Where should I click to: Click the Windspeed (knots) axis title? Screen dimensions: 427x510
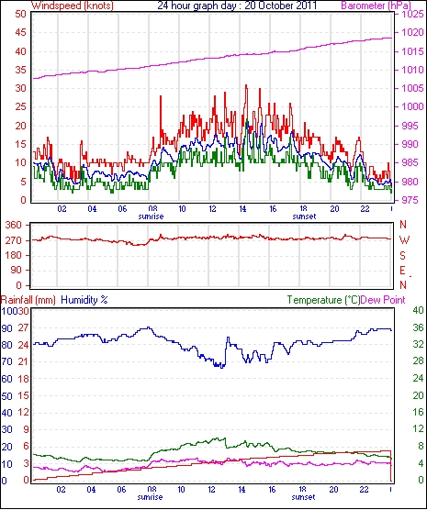click(x=73, y=6)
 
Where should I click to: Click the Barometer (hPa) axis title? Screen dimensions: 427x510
click(x=376, y=6)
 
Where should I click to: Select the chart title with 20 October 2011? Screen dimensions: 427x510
click(x=237, y=6)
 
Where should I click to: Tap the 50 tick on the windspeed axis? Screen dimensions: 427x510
click(x=20, y=15)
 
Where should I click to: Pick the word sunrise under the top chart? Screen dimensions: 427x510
click(x=151, y=216)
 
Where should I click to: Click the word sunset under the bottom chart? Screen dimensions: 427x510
click(x=303, y=497)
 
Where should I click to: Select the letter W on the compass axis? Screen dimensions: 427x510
click(x=404, y=240)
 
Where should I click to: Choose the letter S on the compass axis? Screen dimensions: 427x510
click(x=403, y=256)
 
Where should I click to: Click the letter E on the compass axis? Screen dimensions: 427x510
click(x=403, y=271)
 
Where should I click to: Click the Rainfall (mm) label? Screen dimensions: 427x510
click(x=28, y=300)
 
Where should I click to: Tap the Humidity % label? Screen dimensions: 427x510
click(x=84, y=300)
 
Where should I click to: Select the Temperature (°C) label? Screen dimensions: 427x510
click(x=323, y=300)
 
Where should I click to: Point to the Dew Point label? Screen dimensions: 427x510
click(x=383, y=300)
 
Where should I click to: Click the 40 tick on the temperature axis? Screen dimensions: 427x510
click(x=418, y=310)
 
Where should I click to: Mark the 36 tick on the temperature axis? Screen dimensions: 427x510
click(x=418, y=327)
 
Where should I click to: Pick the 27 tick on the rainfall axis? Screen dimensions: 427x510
click(x=24, y=327)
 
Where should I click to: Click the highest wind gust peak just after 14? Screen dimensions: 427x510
click(x=246, y=85)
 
